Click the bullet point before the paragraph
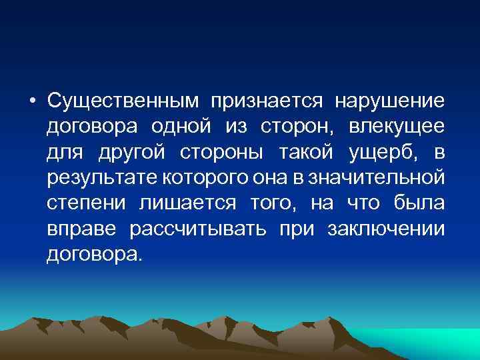point(31,102)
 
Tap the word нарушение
point(389,101)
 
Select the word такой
point(307,153)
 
